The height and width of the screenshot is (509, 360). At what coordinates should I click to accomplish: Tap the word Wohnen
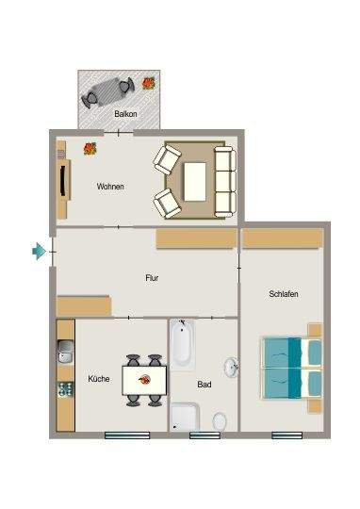point(110,187)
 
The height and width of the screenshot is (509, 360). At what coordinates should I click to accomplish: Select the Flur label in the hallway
point(152,279)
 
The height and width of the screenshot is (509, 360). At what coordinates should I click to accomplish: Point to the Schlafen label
point(283,295)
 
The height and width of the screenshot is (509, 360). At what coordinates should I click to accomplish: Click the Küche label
point(99,379)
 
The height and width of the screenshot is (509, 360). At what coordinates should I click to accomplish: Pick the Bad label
point(205,385)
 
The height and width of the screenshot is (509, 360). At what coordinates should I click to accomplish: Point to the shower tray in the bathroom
point(185,417)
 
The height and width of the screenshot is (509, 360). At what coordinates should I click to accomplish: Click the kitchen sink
point(64,354)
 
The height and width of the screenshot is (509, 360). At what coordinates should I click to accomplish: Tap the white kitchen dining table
point(145,380)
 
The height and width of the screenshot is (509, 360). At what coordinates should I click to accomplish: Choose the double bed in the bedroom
point(290,368)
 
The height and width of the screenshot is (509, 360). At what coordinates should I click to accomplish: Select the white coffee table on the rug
point(195,178)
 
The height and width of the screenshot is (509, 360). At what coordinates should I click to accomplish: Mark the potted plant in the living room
point(90,148)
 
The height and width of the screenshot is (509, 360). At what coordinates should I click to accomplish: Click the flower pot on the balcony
point(148,84)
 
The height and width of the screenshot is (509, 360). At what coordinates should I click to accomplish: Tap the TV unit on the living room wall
point(62,179)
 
